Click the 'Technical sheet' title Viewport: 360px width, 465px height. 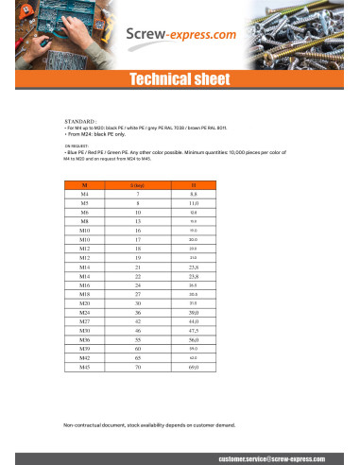179,79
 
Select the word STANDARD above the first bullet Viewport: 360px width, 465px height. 79,122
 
